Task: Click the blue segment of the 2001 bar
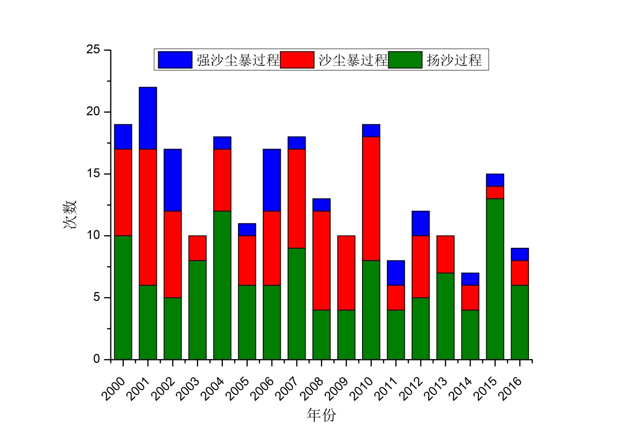click(x=148, y=118)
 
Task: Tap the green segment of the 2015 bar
click(x=495, y=279)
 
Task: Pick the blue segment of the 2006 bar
click(x=272, y=180)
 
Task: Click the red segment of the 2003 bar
click(x=198, y=248)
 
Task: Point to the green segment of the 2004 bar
click(x=222, y=285)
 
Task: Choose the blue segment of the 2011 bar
click(x=396, y=273)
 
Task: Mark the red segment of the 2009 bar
click(x=346, y=273)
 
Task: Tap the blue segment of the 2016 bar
click(x=520, y=254)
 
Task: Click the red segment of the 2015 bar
click(x=495, y=192)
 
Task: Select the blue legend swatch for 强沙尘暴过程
click(x=175, y=60)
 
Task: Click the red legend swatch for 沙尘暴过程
click(x=297, y=60)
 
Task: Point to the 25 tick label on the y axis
click(x=94, y=50)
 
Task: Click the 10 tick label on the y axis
click(x=94, y=236)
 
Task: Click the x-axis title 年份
click(x=321, y=415)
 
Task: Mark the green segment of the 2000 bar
click(x=123, y=297)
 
